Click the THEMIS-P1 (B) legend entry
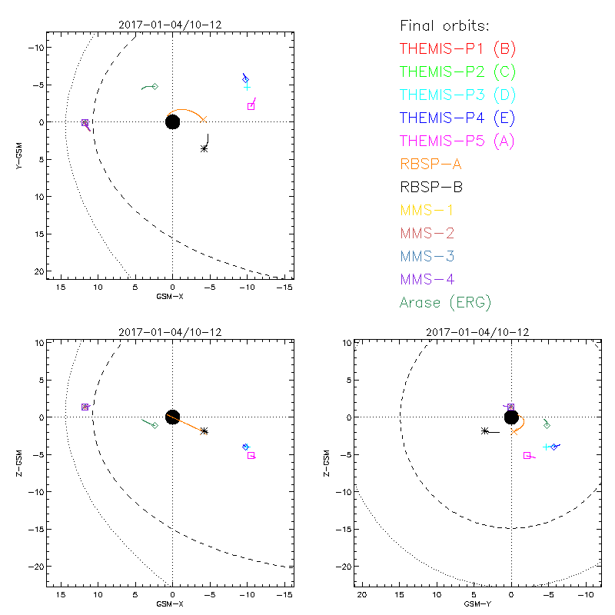pyautogui.click(x=457, y=49)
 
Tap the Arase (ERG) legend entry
pyautogui.click(x=445, y=302)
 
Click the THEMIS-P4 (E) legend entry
pyautogui.click(x=457, y=118)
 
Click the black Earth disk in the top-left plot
pyautogui.click(x=172, y=121)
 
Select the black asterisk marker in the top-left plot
pyautogui.click(x=204, y=148)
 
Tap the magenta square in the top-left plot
pyautogui.click(x=251, y=106)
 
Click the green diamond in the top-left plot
pyautogui.click(x=155, y=86)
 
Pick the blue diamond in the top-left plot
pyautogui.click(x=246, y=79)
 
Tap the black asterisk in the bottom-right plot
pyautogui.click(x=484, y=431)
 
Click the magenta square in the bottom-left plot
pyautogui.click(x=251, y=455)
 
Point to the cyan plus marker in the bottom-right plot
pyautogui.click(x=546, y=447)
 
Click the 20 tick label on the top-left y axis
pyautogui.click(x=37, y=271)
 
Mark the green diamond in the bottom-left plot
pyautogui.click(x=155, y=425)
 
